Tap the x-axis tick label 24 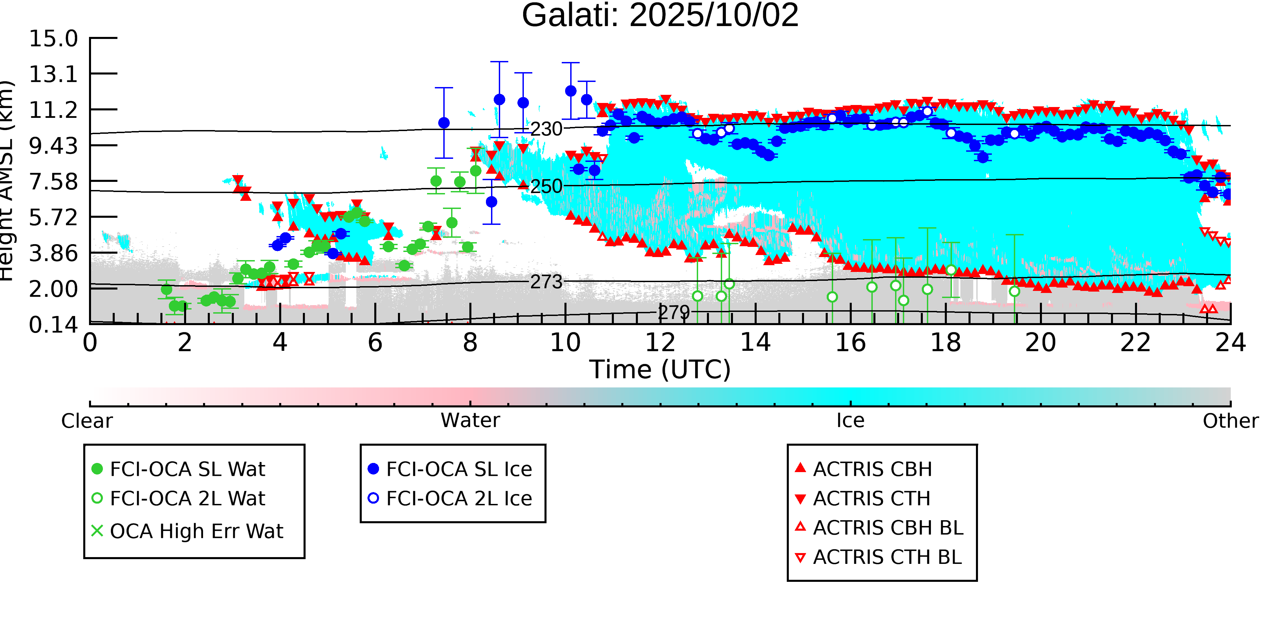coord(1230,343)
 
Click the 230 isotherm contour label coord(546,129)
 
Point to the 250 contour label coord(546,186)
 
